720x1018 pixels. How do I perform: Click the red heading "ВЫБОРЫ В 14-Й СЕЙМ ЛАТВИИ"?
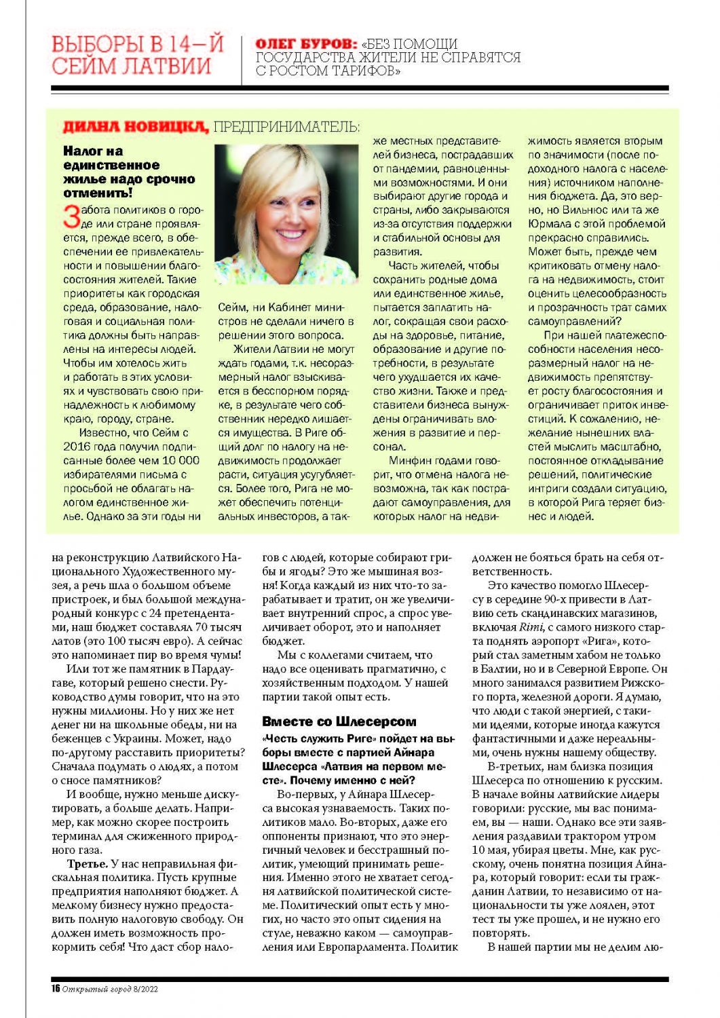tap(137, 56)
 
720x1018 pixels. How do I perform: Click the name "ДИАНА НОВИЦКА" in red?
tap(135, 126)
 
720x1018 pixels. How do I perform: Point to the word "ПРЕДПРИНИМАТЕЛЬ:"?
tap(286, 126)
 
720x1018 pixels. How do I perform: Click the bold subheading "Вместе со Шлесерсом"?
tap(339, 721)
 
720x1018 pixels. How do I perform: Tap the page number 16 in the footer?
tap(56, 989)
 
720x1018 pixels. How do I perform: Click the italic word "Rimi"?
tap(531, 627)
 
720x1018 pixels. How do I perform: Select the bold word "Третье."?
tap(88, 864)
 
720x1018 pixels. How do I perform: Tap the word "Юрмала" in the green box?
tap(550, 224)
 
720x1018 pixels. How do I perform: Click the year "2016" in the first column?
tap(77, 447)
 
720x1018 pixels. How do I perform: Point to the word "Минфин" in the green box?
tap(412, 461)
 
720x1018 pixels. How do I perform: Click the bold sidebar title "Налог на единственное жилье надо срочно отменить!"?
tap(128, 172)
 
